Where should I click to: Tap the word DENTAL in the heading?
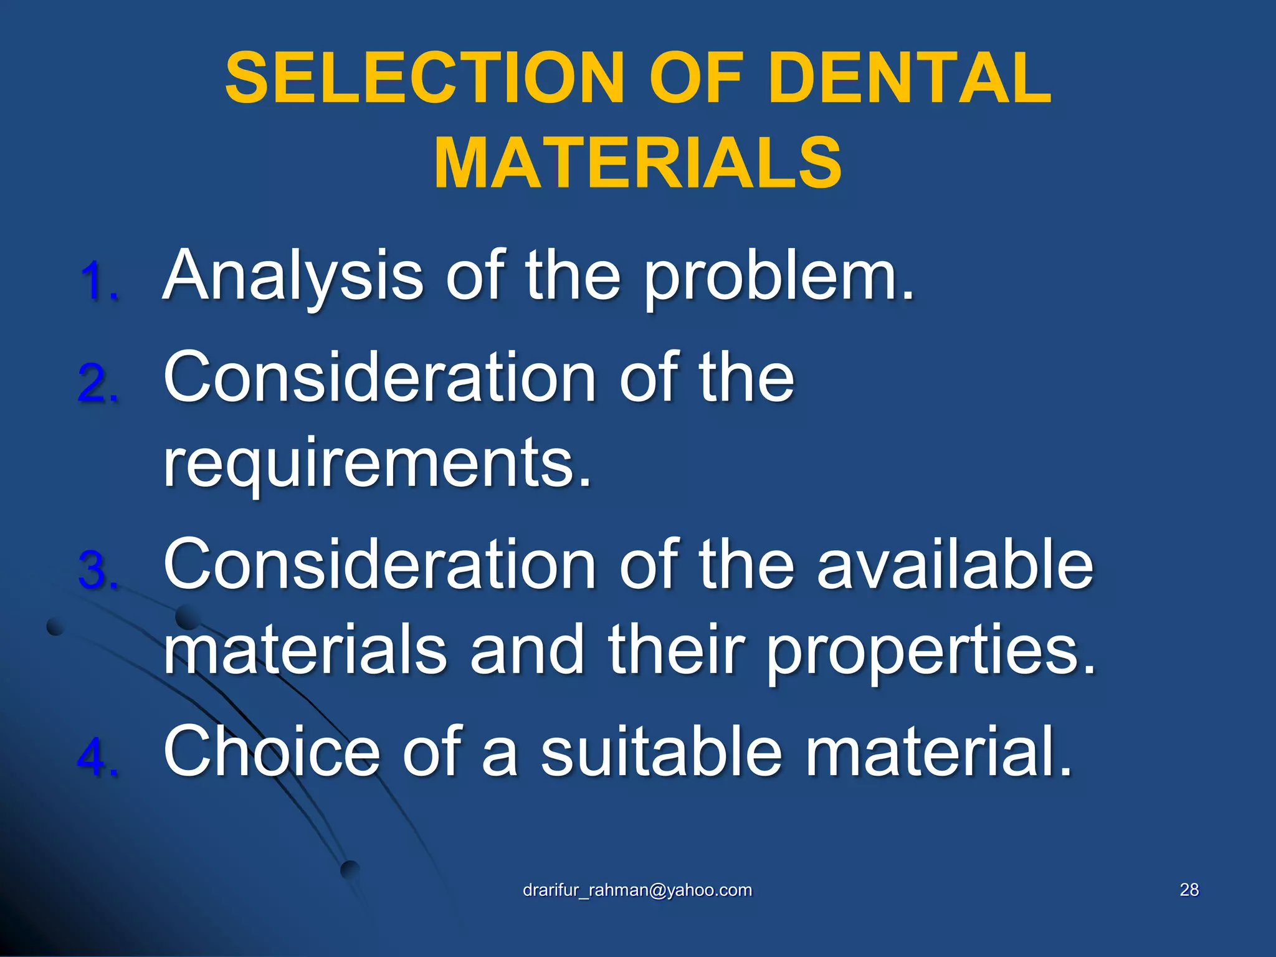tap(910, 79)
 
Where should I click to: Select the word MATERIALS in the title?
tap(638, 163)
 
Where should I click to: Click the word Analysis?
tap(293, 276)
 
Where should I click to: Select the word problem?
tap(779, 276)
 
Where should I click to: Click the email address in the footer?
tap(637, 890)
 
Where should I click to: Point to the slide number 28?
tap(1189, 890)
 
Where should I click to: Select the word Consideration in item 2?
tap(380, 378)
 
